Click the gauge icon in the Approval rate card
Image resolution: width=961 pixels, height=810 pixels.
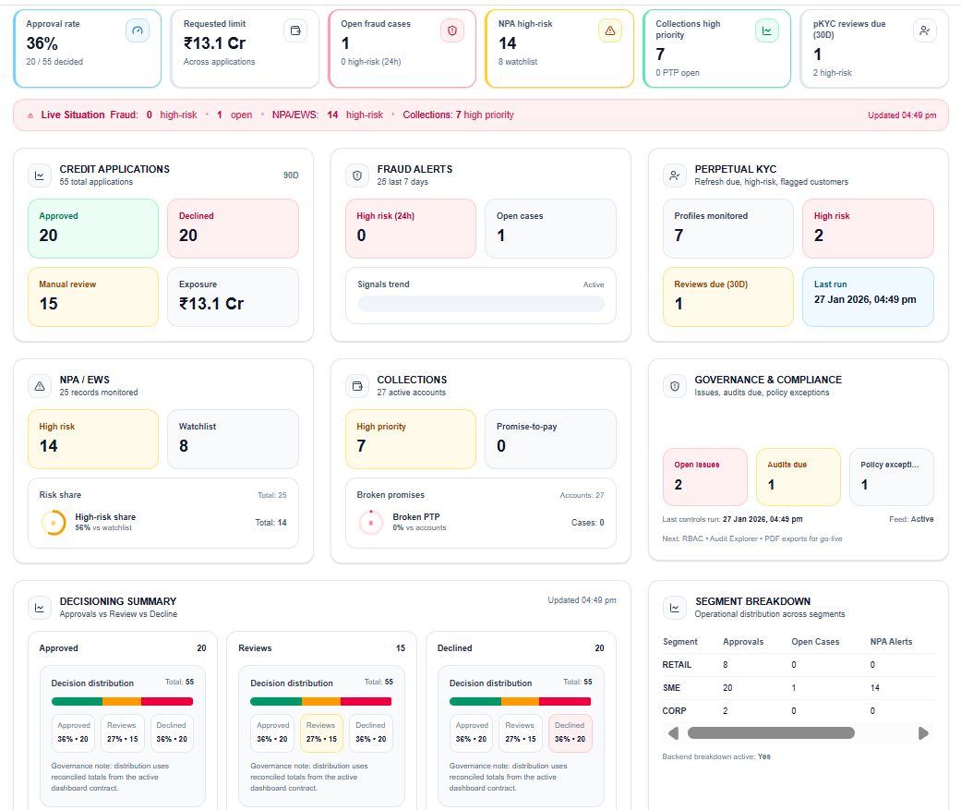[138, 30]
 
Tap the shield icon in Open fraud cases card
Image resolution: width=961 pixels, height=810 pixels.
[452, 30]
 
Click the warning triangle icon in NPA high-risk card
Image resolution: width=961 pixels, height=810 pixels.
[609, 30]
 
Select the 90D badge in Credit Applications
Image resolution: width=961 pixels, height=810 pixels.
[291, 175]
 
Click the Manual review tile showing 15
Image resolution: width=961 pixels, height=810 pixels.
[92, 296]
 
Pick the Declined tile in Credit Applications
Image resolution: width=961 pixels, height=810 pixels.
[233, 228]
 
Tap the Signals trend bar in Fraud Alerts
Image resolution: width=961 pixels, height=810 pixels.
[480, 304]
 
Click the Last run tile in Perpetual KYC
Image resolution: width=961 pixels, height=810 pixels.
[868, 296]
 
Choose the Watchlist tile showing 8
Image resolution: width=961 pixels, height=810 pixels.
[233, 439]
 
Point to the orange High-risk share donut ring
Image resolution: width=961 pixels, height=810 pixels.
[54, 522]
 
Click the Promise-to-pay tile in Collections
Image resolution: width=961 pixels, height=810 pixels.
[550, 439]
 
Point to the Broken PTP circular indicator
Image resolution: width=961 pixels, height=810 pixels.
[370, 522]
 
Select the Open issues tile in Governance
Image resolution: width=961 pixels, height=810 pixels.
[705, 477]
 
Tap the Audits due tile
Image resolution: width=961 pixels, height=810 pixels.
[799, 477]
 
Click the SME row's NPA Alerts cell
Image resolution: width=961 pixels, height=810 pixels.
[875, 688]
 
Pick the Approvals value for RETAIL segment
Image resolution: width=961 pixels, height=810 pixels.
[726, 664]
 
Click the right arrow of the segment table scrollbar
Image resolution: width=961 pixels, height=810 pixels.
[923, 733]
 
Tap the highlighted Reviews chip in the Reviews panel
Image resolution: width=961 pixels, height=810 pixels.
[321, 732]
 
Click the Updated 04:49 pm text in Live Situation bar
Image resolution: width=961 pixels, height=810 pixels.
[901, 115]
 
